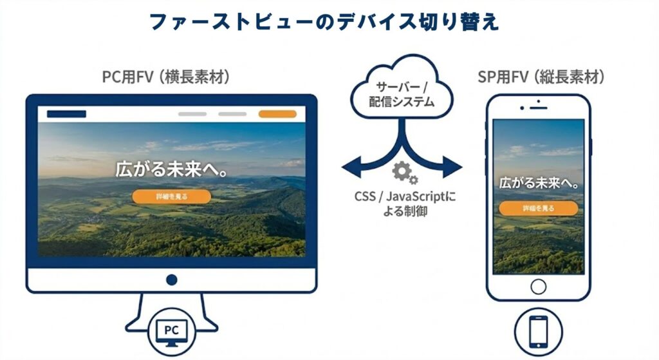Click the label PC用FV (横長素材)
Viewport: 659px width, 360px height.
166,77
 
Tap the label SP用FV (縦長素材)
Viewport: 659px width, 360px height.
541,77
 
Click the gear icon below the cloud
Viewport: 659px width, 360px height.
404,171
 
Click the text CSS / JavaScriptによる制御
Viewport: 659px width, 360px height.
404,204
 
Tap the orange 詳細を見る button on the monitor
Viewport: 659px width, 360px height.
171,196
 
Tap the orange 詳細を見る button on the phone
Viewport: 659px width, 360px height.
539,208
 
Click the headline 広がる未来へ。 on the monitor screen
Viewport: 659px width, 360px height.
172,169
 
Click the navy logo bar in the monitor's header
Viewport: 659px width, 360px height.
66,114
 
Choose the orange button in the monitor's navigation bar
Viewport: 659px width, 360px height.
277,114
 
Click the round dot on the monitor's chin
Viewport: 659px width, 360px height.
171,280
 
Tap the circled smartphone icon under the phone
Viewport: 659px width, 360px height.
538,330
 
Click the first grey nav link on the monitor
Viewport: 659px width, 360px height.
192,114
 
